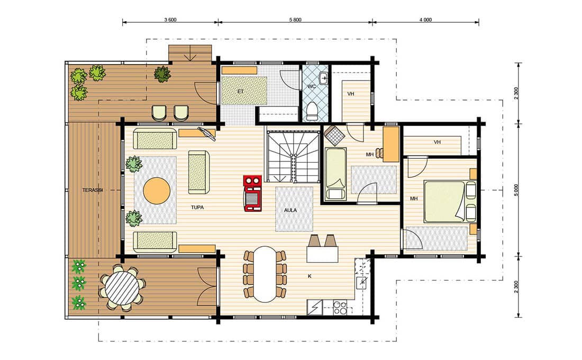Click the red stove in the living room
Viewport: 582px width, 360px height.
pos(252,194)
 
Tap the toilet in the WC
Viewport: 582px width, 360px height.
pos(312,112)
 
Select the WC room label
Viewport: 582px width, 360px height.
pos(312,87)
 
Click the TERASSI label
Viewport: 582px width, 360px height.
pos(92,190)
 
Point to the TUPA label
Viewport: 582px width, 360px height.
pos(197,208)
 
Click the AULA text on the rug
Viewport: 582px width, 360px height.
pos(290,210)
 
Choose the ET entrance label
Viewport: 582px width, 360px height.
pos(241,91)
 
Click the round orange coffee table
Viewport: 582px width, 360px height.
pos(157,191)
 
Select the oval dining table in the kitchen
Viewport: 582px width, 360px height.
pos(265,274)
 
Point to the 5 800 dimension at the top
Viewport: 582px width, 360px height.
pos(295,20)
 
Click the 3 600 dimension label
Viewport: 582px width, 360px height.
pos(170,20)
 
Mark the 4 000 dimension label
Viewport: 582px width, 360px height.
pos(425,20)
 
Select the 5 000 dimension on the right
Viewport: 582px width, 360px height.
pos(516,190)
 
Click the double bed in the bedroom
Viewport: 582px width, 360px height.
pos(444,201)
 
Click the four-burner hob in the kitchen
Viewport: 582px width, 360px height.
pos(340,308)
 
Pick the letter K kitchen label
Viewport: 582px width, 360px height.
pos(310,276)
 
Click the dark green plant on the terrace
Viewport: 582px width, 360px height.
pos(162,74)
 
